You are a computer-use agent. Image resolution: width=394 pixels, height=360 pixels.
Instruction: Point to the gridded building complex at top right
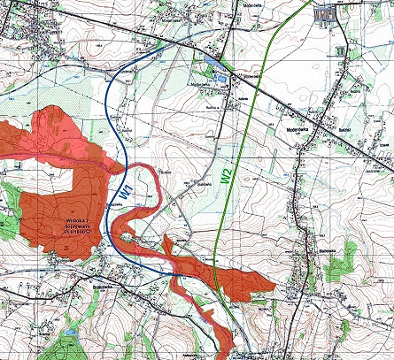pyautogui.click(x=325, y=13)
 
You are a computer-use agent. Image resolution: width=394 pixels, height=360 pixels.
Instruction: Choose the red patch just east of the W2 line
pyautogui.click(x=249, y=282)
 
